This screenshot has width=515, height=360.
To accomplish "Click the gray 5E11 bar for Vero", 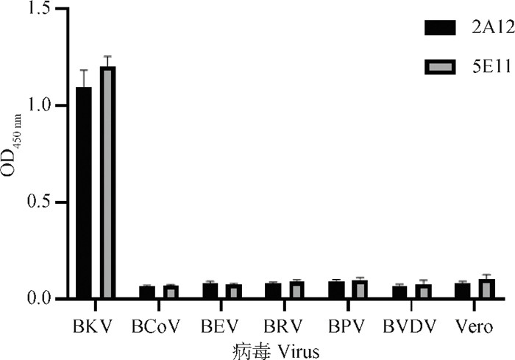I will pyautogui.click(x=486, y=289).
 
